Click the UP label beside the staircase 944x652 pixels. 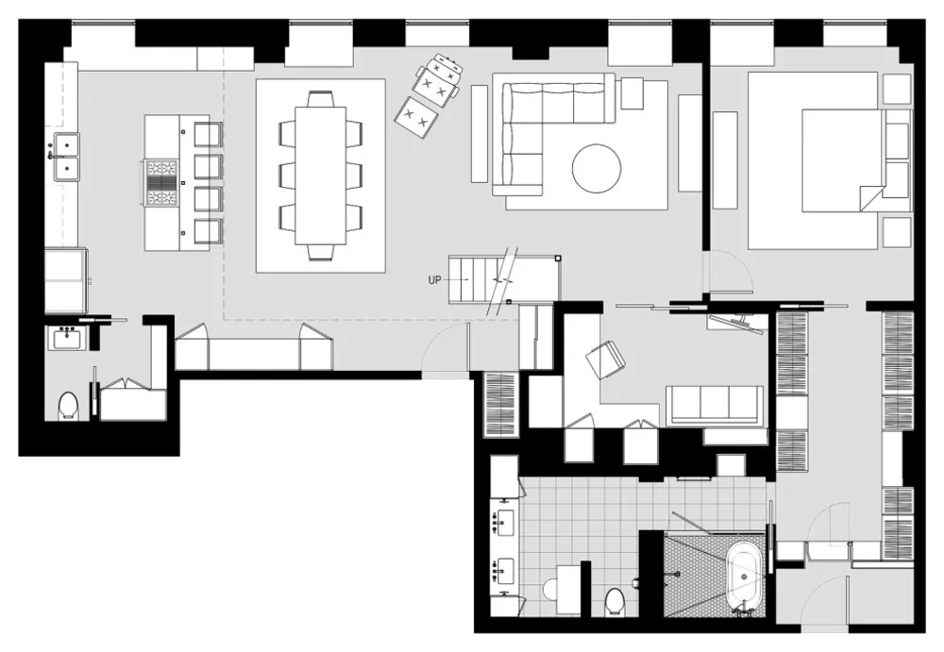435,280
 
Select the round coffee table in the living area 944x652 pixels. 596,169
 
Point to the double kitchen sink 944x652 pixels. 66,157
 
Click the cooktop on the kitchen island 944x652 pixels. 162,182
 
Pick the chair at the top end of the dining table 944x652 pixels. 321,99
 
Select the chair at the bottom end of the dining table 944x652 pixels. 321,251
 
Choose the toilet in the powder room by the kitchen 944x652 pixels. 68,407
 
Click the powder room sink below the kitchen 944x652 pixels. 68,337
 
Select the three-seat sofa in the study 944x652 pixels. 715,406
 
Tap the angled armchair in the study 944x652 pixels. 604,359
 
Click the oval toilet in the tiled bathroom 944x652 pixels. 615,600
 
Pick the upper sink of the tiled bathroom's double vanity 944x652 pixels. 504,519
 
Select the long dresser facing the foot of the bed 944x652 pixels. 725,160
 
